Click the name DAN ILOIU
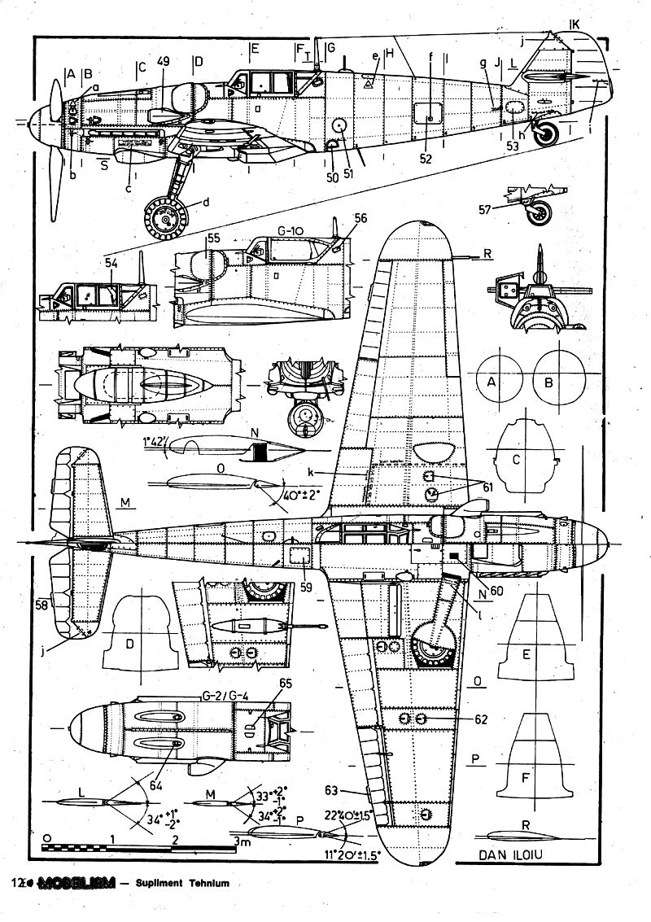pos(510,855)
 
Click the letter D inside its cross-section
pos(129,644)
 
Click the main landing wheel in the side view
pos(166,217)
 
